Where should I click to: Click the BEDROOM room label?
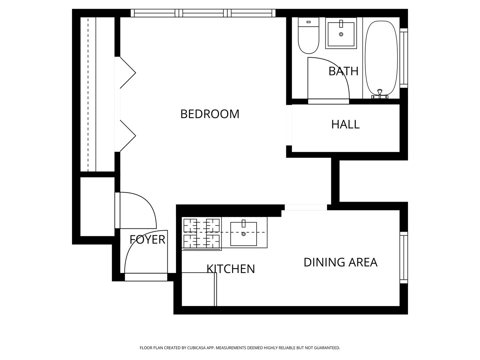click(210, 114)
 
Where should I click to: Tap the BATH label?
click(343, 71)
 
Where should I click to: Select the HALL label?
click(345, 124)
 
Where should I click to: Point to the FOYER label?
click(147, 240)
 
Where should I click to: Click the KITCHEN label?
click(231, 269)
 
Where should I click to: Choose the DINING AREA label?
click(340, 262)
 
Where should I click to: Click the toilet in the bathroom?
click(308, 35)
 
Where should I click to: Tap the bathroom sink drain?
click(341, 34)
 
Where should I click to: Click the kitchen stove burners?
click(201, 233)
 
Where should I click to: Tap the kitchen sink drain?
click(243, 234)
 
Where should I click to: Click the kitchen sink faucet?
click(244, 224)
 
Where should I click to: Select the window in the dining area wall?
click(404, 257)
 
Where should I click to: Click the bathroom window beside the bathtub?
click(404, 58)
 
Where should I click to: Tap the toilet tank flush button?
click(309, 22)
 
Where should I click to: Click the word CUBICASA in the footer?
click(196, 348)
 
